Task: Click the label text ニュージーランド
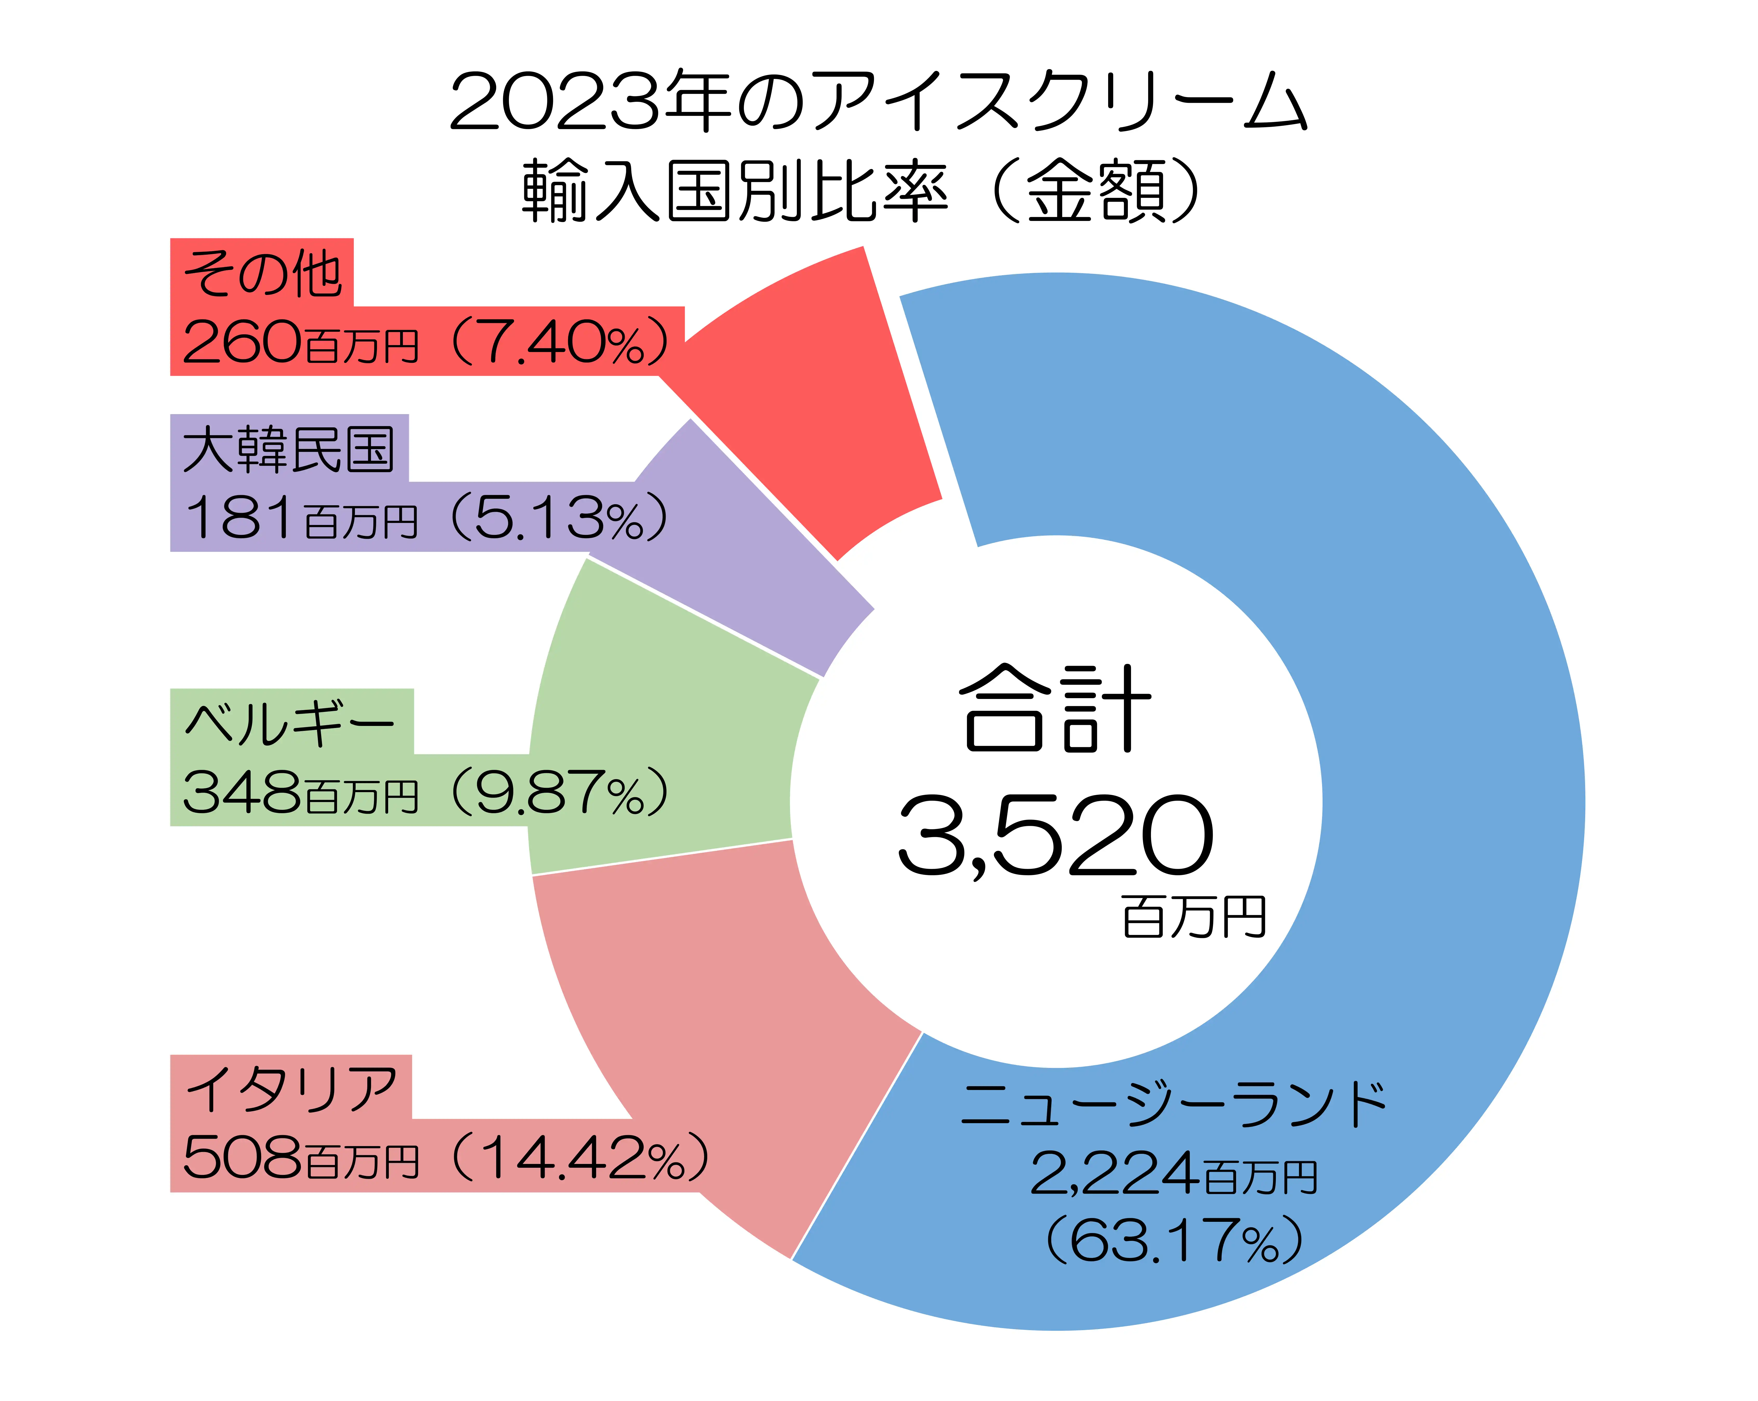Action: (x=1174, y=1105)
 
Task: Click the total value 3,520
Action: (x=1056, y=836)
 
